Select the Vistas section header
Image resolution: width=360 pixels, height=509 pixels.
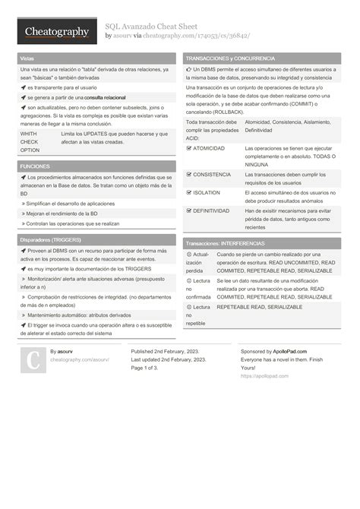click(x=27, y=58)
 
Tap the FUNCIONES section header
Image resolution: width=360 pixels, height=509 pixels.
click(x=36, y=166)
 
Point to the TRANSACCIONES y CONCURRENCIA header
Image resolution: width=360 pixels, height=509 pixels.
click(x=230, y=58)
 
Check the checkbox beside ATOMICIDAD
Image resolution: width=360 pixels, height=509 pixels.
click(x=189, y=148)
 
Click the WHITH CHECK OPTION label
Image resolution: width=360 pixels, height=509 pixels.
click(x=30, y=141)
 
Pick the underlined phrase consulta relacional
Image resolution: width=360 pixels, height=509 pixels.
click(x=105, y=98)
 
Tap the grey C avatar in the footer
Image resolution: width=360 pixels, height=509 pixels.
click(x=33, y=360)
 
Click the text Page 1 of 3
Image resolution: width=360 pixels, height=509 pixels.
click(x=144, y=368)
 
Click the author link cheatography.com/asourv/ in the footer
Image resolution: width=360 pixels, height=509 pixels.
click(x=79, y=359)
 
